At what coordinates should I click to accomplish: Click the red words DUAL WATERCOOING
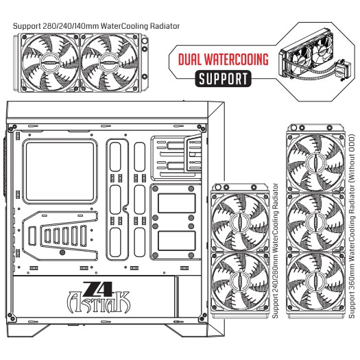click(x=223, y=59)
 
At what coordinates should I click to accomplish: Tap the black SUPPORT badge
click(x=223, y=79)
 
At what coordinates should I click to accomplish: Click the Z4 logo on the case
click(x=98, y=289)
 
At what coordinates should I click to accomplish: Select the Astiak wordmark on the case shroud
click(x=99, y=302)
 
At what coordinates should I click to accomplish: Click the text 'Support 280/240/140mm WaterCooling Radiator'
click(x=96, y=26)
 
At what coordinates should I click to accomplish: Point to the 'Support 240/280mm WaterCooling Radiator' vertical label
click(x=275, y=251)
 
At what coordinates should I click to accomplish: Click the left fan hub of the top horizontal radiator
click(x=49, y=62)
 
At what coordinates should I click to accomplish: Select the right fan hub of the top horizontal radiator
click(x=108, y=62)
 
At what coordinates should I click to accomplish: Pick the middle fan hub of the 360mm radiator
click(x=315, y=221)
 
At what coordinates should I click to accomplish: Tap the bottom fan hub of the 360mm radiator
click(x=315, y=281)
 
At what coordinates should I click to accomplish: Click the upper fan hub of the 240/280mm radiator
click(x=239, y=221)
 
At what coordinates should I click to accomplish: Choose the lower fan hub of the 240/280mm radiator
click(x=239, y=281)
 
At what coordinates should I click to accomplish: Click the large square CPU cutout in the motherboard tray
click(x=60, y=171)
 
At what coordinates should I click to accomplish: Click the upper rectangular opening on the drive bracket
click(x=177, y=203)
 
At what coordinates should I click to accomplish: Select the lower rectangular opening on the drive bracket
click(x=177, y=241)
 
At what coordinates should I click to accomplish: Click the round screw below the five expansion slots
click(x=62, y=252)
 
